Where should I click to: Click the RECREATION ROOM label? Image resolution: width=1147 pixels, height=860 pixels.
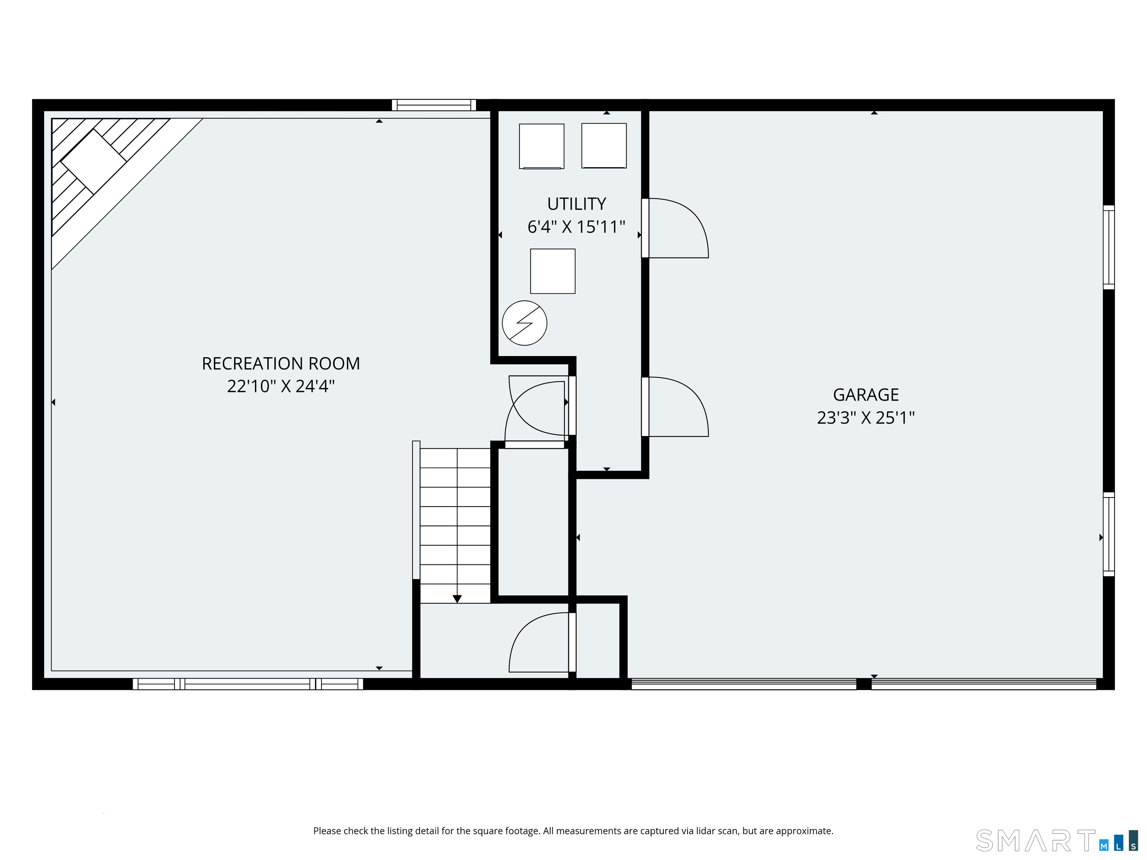pos(280,364)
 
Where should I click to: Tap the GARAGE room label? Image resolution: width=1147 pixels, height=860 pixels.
pos(865,395)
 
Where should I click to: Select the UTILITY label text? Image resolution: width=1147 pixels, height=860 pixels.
pos(576,204)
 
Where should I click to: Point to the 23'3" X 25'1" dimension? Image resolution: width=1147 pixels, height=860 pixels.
pos(865,417)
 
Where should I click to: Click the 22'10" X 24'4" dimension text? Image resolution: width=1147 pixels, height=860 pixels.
pos(280,386)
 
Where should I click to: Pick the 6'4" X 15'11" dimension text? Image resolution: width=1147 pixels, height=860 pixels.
pos(576,227)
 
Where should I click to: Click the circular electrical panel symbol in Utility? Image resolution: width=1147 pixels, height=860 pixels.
pos(524,323)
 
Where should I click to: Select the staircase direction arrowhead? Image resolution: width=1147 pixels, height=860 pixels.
pos(457,599)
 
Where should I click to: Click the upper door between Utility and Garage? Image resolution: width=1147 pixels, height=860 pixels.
pos(674,228)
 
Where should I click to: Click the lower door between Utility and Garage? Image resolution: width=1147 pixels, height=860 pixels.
pos(674,407)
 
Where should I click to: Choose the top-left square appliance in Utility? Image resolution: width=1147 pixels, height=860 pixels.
pos(541,146)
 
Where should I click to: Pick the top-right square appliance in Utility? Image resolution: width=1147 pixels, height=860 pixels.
pos(604,146)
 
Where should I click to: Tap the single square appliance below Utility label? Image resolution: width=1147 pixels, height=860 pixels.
pos(552,271)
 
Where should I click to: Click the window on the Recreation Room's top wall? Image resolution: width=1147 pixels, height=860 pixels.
pos(433,105)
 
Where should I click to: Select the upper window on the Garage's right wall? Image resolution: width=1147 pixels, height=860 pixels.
pos(1108,247)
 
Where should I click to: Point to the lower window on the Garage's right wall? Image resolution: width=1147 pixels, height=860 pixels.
pos(1108,534)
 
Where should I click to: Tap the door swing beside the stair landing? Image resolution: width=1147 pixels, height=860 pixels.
pos(539,643)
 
